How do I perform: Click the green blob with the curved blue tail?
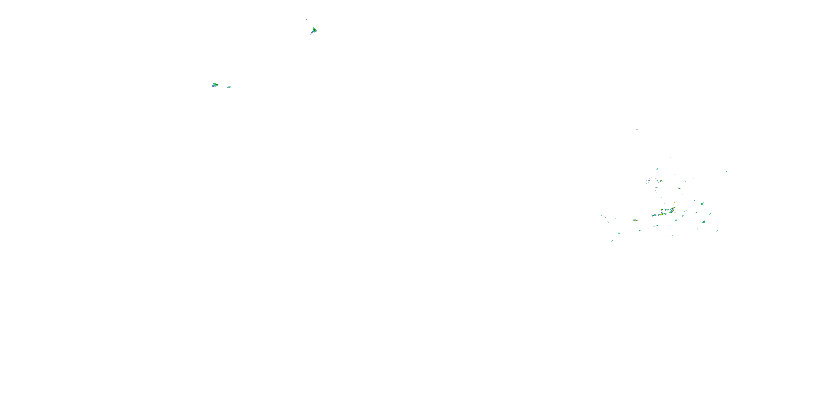314,30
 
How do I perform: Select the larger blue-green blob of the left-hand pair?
215,85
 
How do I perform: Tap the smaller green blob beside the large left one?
229,87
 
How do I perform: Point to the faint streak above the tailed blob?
307,19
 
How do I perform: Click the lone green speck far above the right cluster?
636,129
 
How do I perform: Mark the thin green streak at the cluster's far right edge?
727,172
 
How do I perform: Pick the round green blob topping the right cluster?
657,169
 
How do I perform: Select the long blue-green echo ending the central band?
654,215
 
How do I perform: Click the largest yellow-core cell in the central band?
672,210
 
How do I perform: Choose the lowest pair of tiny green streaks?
612,240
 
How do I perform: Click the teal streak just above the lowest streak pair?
619,233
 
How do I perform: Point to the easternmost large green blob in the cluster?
702,204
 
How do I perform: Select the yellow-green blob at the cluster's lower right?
704,222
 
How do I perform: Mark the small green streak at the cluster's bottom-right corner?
717,231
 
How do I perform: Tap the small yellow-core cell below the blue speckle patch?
679,188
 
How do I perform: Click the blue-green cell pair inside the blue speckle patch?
660,181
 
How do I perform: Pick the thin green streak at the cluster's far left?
601,215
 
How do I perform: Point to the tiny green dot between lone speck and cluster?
670,158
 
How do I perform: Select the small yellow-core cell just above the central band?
675,202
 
